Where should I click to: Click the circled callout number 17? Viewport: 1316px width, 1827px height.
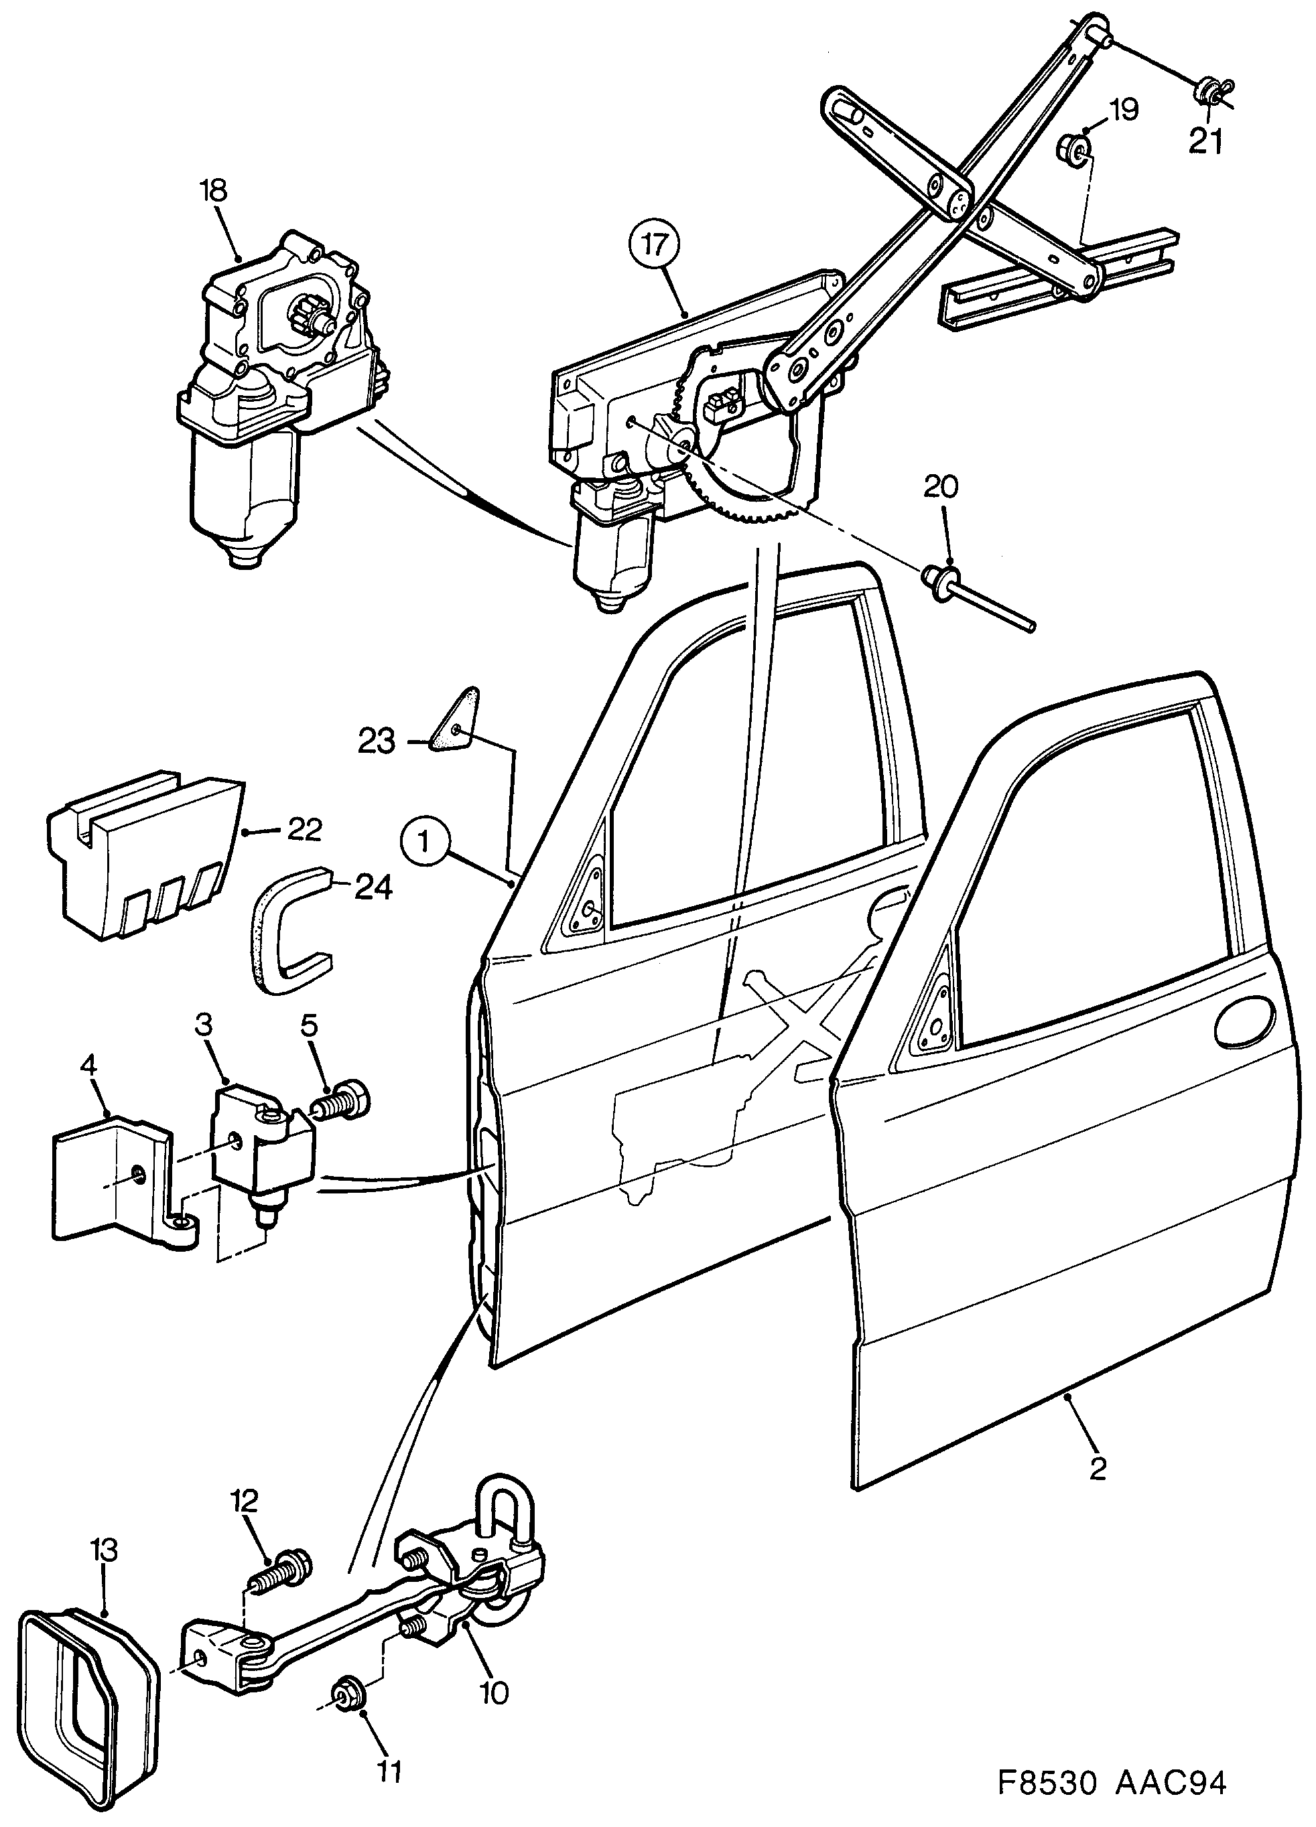pos(655,244)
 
